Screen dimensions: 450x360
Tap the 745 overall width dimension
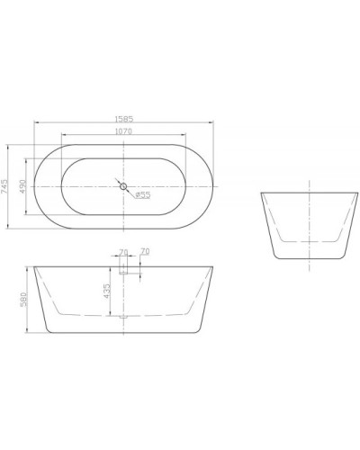(7, 186)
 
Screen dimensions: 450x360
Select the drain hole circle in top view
(122, 187)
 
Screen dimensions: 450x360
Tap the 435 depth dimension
(107, 292)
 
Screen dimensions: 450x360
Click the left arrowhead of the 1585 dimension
(36, 122)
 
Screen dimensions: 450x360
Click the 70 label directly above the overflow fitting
(123, 252)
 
